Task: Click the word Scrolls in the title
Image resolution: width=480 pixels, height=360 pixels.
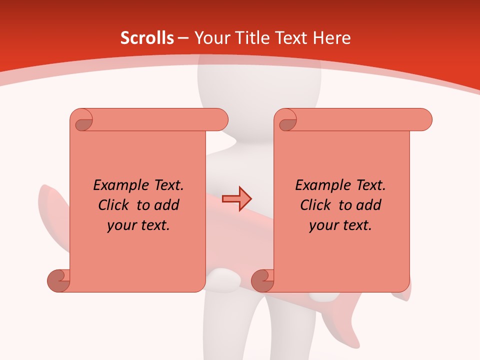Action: pos(147,38)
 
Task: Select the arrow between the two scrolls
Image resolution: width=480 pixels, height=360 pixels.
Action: pos(236,198)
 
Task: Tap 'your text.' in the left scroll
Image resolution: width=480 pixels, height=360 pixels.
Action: pos(138,225)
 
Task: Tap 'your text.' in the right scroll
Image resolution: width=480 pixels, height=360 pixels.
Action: pos(340,225)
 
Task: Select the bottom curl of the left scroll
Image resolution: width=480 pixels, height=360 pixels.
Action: pos(58,280)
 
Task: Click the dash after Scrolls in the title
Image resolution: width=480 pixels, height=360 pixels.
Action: pos(183,38)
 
